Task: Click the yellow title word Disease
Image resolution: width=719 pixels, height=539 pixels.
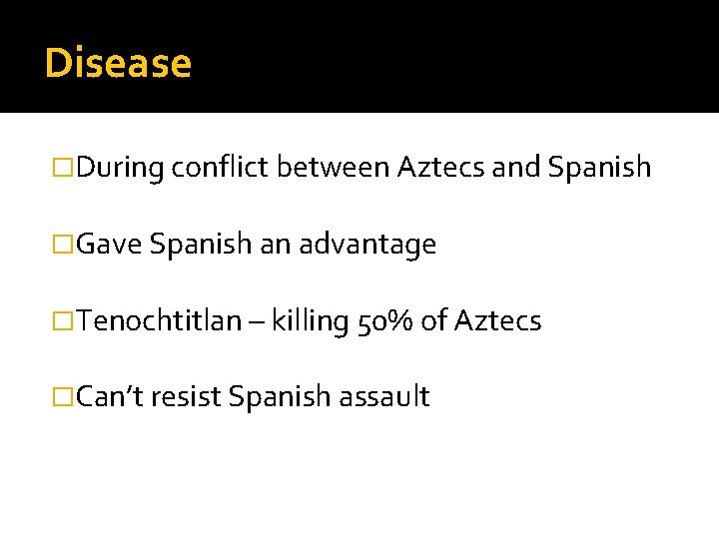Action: click(x=118, y=63)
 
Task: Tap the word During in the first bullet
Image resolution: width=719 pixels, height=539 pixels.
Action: click(x=119, y=168)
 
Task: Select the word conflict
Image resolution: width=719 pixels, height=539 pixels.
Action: click(x=220, y=168)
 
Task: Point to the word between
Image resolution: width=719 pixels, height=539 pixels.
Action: click(x=333, y=168)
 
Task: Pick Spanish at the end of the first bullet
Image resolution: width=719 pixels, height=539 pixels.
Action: click(x=599, y=168)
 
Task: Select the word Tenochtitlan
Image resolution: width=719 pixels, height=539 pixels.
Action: click(x=159, y=320)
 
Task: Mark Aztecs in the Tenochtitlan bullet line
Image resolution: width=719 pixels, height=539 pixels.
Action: click(x=497, y=320)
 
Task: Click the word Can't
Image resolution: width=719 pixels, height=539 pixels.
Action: click(x=113, y=396)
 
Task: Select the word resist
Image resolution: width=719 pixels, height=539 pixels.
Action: click(x=188, y=396)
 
